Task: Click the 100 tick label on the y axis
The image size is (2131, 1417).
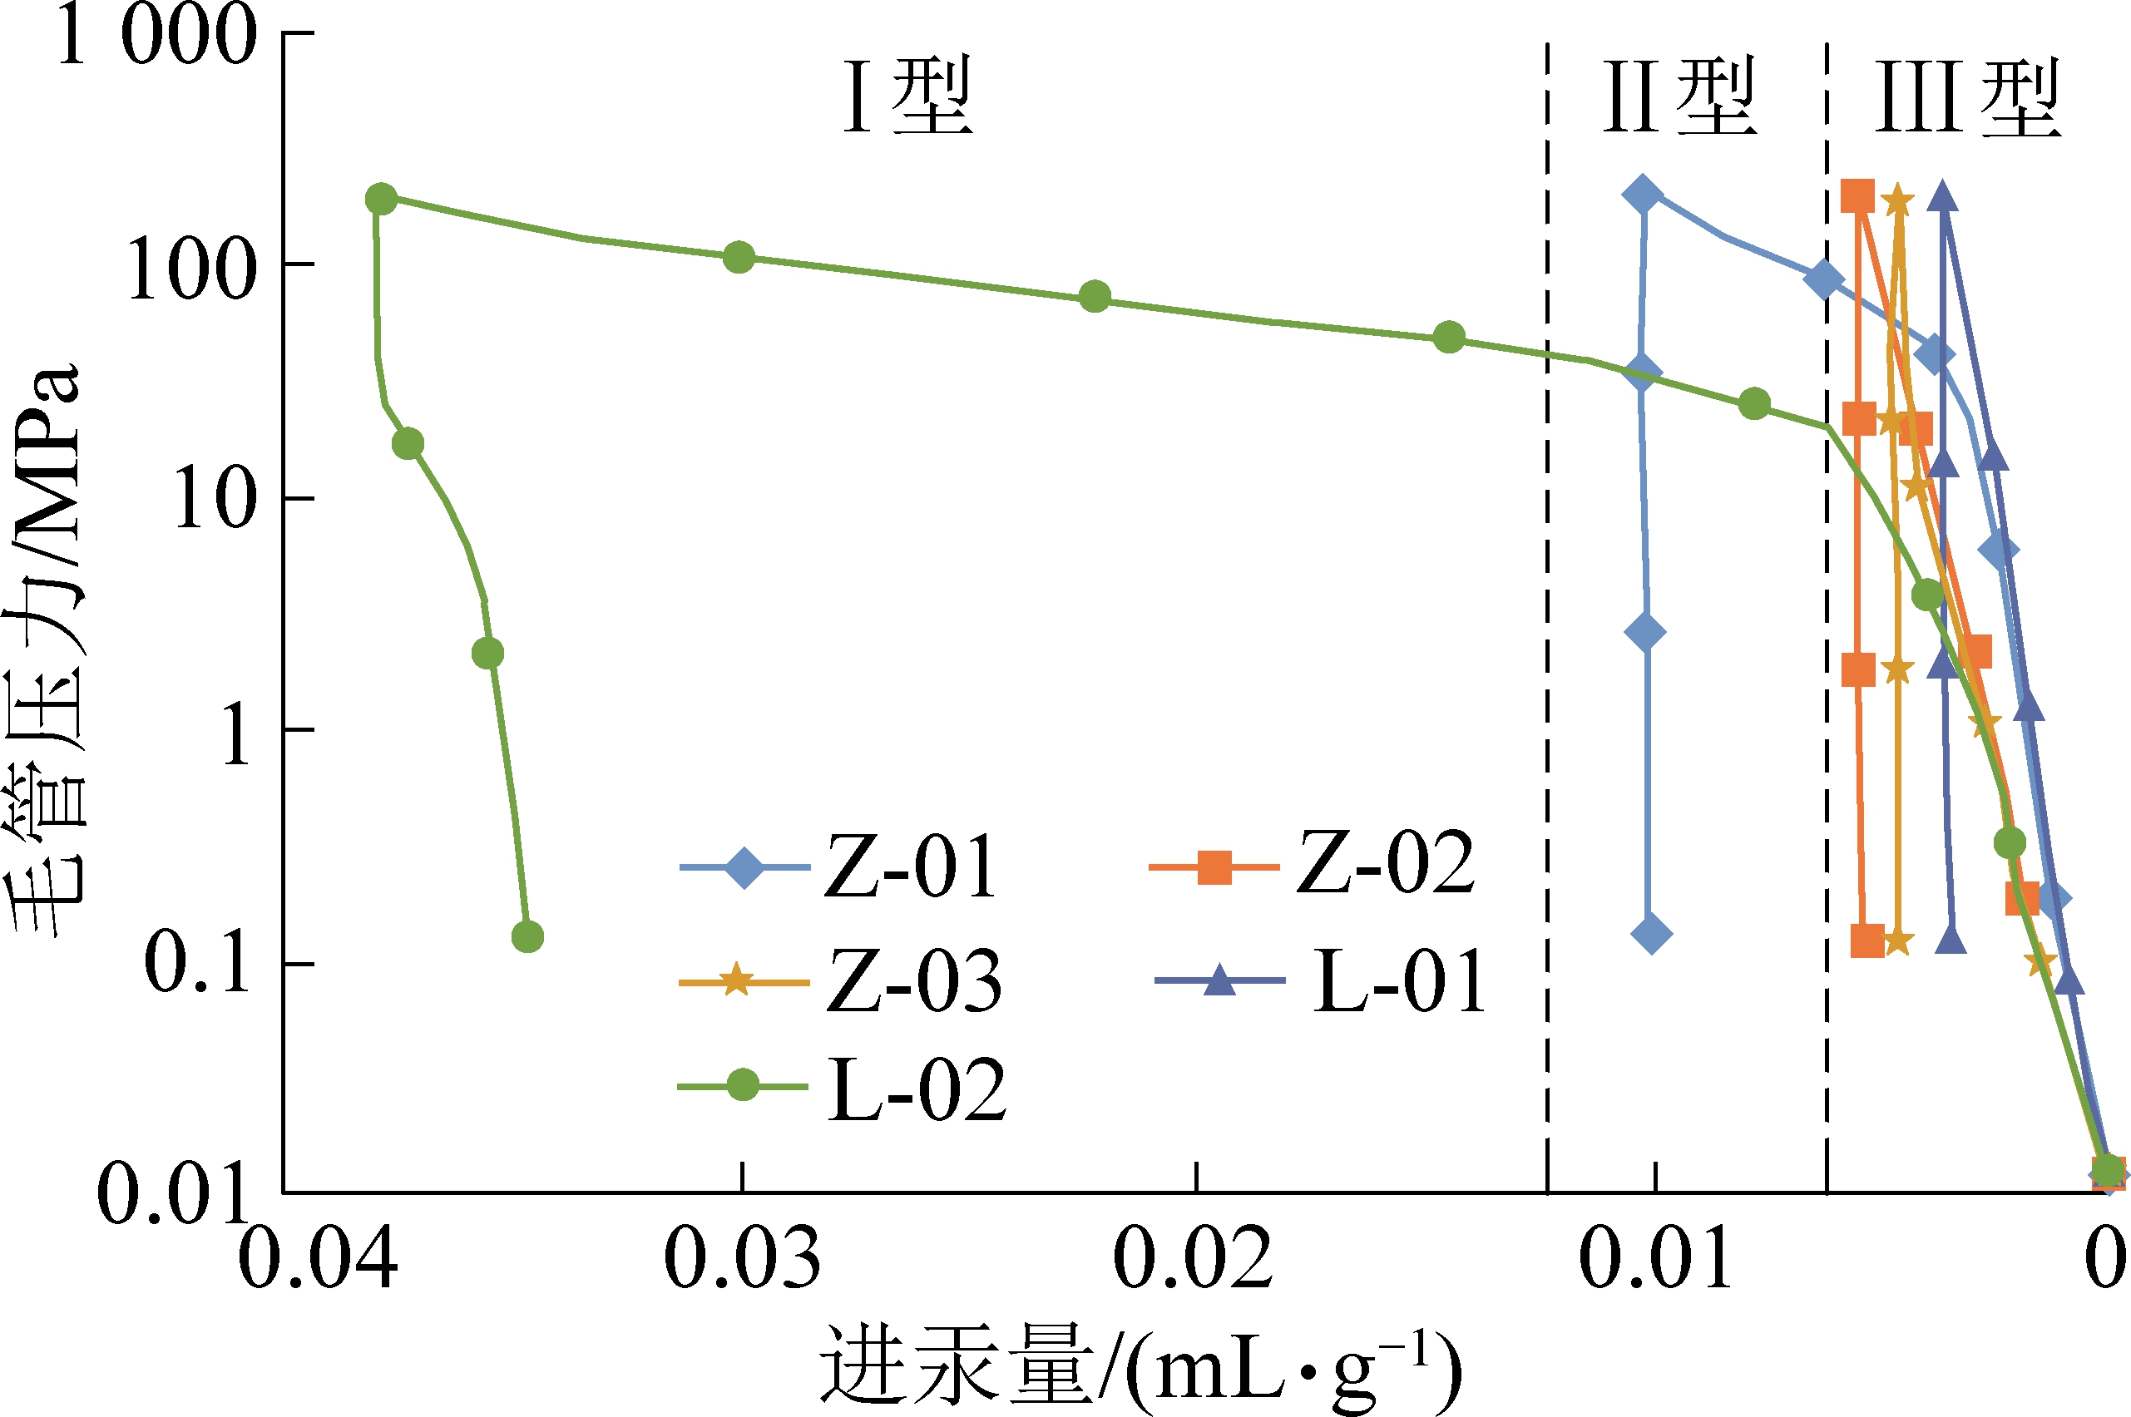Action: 190,269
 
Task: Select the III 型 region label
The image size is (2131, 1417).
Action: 1968,97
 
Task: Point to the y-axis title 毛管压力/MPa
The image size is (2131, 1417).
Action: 45,650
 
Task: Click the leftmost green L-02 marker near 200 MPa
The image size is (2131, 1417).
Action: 382,199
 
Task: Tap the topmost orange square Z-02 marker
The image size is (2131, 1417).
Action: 1858,195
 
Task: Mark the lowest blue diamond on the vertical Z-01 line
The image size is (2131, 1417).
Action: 1652,933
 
